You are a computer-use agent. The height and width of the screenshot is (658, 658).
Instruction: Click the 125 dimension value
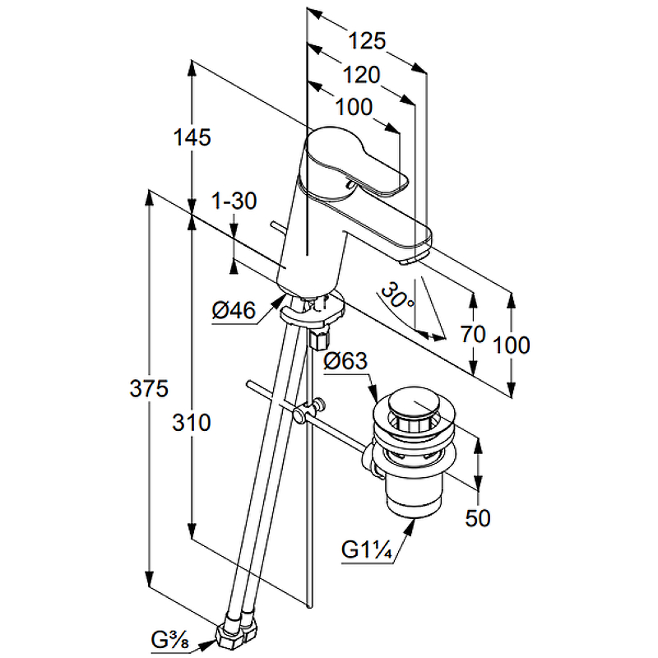point(367,40)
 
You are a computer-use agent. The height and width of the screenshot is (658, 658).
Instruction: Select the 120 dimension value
point(362,75)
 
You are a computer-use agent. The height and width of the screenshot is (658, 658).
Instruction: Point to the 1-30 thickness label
point(234,200)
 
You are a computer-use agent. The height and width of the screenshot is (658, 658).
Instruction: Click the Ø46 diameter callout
point(234,310)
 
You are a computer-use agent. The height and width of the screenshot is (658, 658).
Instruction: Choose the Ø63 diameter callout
point(345,360)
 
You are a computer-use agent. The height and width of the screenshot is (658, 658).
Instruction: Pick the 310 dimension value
point(192,422)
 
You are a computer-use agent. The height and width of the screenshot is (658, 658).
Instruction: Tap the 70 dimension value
point(472,334)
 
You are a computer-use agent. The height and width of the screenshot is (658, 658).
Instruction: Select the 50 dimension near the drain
point(478,517)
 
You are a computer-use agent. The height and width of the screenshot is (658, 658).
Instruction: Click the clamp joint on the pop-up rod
point(310,409)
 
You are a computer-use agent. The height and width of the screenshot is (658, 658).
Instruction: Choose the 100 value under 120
point(354,106)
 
